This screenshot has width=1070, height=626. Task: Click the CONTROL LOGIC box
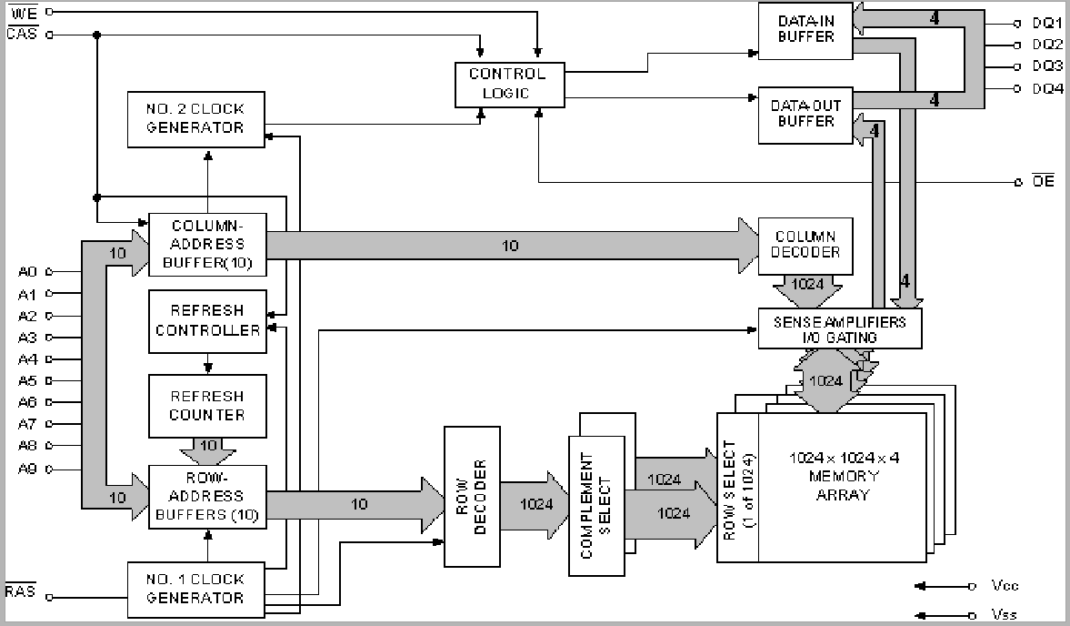click(508, 84)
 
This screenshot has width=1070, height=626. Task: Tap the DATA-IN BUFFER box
click(805, 29)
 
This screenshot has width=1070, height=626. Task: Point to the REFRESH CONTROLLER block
click(207, 322)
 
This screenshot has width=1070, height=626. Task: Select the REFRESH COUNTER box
click(207, 406)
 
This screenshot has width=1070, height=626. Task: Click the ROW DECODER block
click(471, 495)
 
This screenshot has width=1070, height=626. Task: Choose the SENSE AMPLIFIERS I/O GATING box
click(839, 328)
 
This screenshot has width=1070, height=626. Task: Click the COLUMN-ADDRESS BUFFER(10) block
click(207, 244)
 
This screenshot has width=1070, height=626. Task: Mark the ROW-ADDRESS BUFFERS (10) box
click(207, 496)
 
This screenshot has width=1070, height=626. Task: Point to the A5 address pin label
click(27, 380)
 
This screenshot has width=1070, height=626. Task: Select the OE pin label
click(1044, 182)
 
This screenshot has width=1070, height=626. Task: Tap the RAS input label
click(20, 592)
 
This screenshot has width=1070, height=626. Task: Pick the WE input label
click(20, 11)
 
